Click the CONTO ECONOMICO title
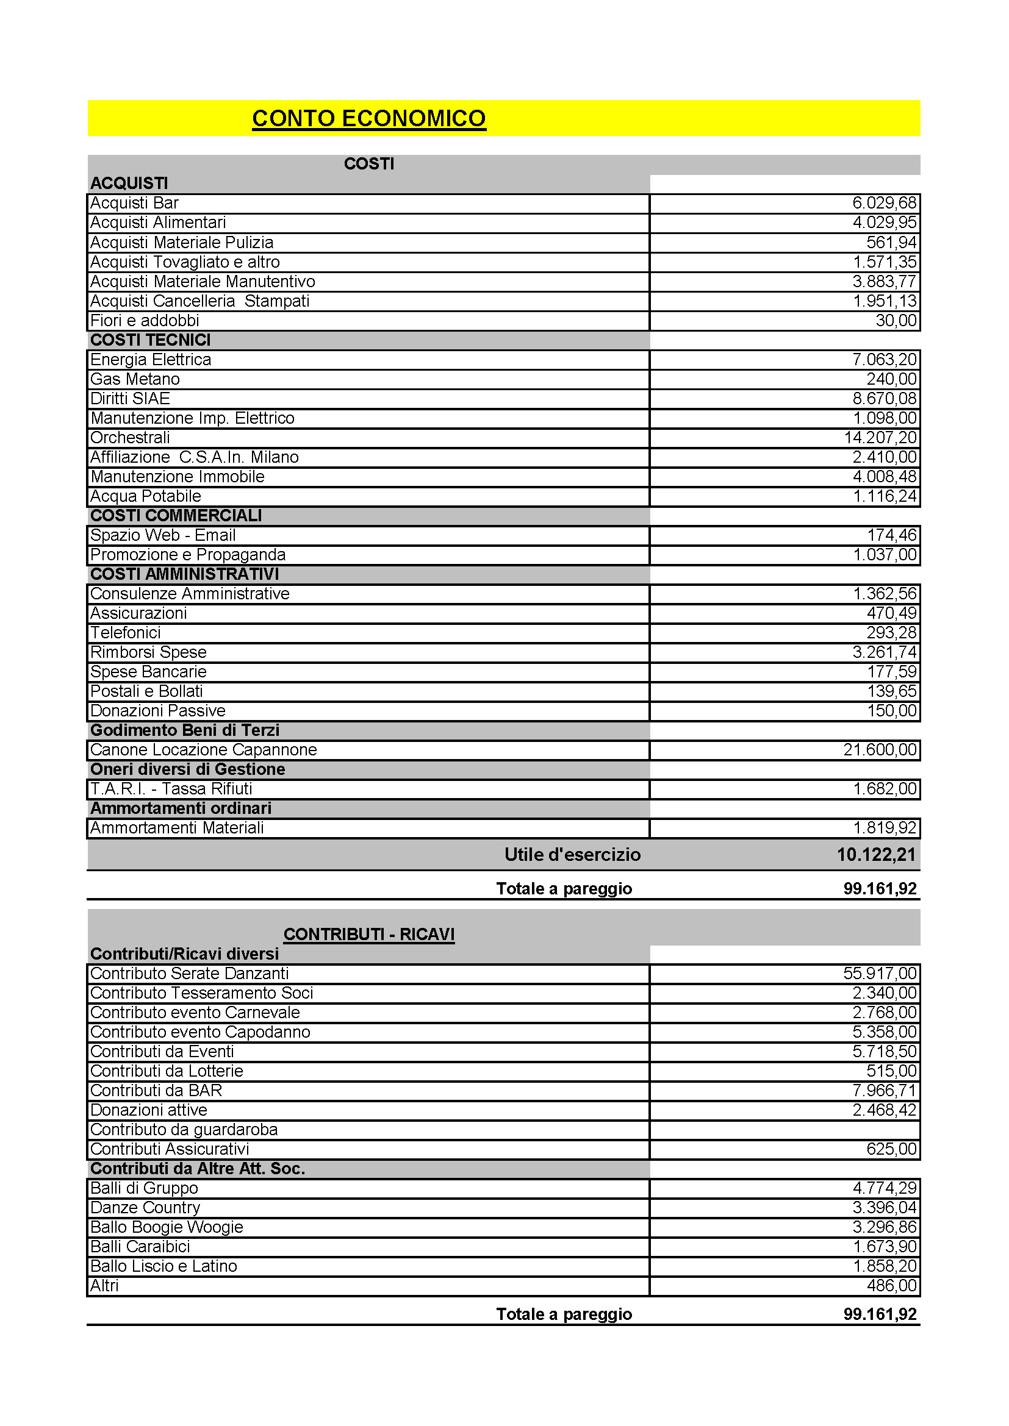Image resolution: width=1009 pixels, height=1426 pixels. tap(368, 119)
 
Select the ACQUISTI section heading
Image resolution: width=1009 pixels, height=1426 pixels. tap(129, 184)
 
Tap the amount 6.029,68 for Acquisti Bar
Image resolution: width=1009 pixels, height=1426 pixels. tap(884, 203)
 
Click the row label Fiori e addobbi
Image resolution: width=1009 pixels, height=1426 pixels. tap(145, 321)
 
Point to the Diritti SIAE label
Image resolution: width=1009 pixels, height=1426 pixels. tap(130, 399)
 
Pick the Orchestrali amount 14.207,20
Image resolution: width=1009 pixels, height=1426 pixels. tap(880, 438)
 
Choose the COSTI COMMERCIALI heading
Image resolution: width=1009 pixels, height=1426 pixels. tap(176, 516)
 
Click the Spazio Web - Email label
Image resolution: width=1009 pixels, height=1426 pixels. tap(163, 535)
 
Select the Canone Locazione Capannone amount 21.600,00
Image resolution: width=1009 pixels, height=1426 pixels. tap(880, 750)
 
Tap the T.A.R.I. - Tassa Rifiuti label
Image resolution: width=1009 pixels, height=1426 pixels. tap(171, 789)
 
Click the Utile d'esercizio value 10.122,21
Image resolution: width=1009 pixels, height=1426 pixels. tap(876, 855)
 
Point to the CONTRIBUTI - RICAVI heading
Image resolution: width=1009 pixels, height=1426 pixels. tap(369, 934)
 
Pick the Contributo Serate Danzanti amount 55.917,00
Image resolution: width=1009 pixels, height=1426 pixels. tap(880, 973)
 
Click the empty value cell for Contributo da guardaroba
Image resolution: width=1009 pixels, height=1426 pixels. tap(784, 1130)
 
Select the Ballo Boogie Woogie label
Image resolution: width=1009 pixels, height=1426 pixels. tap(167, 1227)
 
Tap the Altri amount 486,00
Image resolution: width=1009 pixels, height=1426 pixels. tap(892, 1286)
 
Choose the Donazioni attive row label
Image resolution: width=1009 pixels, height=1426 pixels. tap(148, 1110)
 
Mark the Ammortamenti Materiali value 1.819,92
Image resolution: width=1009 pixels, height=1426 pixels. tap(884, 828)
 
